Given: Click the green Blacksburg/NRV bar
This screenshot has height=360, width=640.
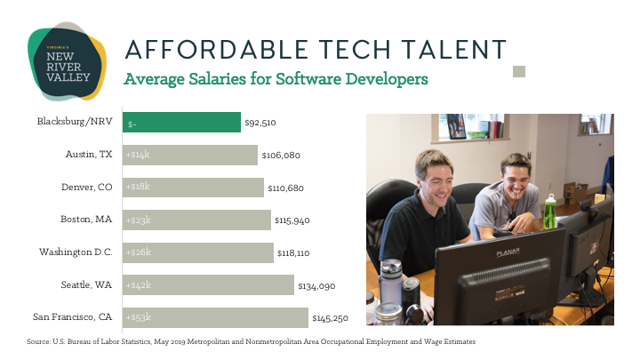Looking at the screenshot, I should point(182,123).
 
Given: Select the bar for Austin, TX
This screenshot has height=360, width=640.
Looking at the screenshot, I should point(190,155).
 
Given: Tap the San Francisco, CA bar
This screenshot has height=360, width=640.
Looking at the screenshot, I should point(215,317).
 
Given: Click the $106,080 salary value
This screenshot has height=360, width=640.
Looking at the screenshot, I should point(281,156).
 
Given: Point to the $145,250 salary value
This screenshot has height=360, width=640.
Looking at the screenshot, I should point(331,317).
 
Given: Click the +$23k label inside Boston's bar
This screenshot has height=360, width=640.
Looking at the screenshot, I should point(139,220).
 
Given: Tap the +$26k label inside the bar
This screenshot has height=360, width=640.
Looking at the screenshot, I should point(139,252).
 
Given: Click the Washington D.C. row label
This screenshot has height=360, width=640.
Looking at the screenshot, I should point(76,252).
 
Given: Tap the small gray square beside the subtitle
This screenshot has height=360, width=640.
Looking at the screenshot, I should point(519,71).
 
